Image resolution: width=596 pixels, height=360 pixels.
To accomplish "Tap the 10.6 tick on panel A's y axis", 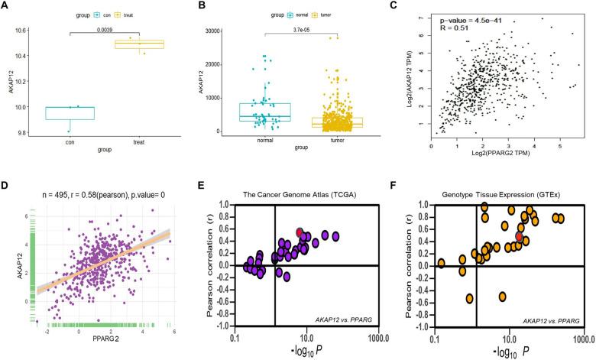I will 25,30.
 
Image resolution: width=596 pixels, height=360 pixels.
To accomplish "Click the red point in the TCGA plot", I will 300,232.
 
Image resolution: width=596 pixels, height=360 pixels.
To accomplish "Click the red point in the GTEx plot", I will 520,237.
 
